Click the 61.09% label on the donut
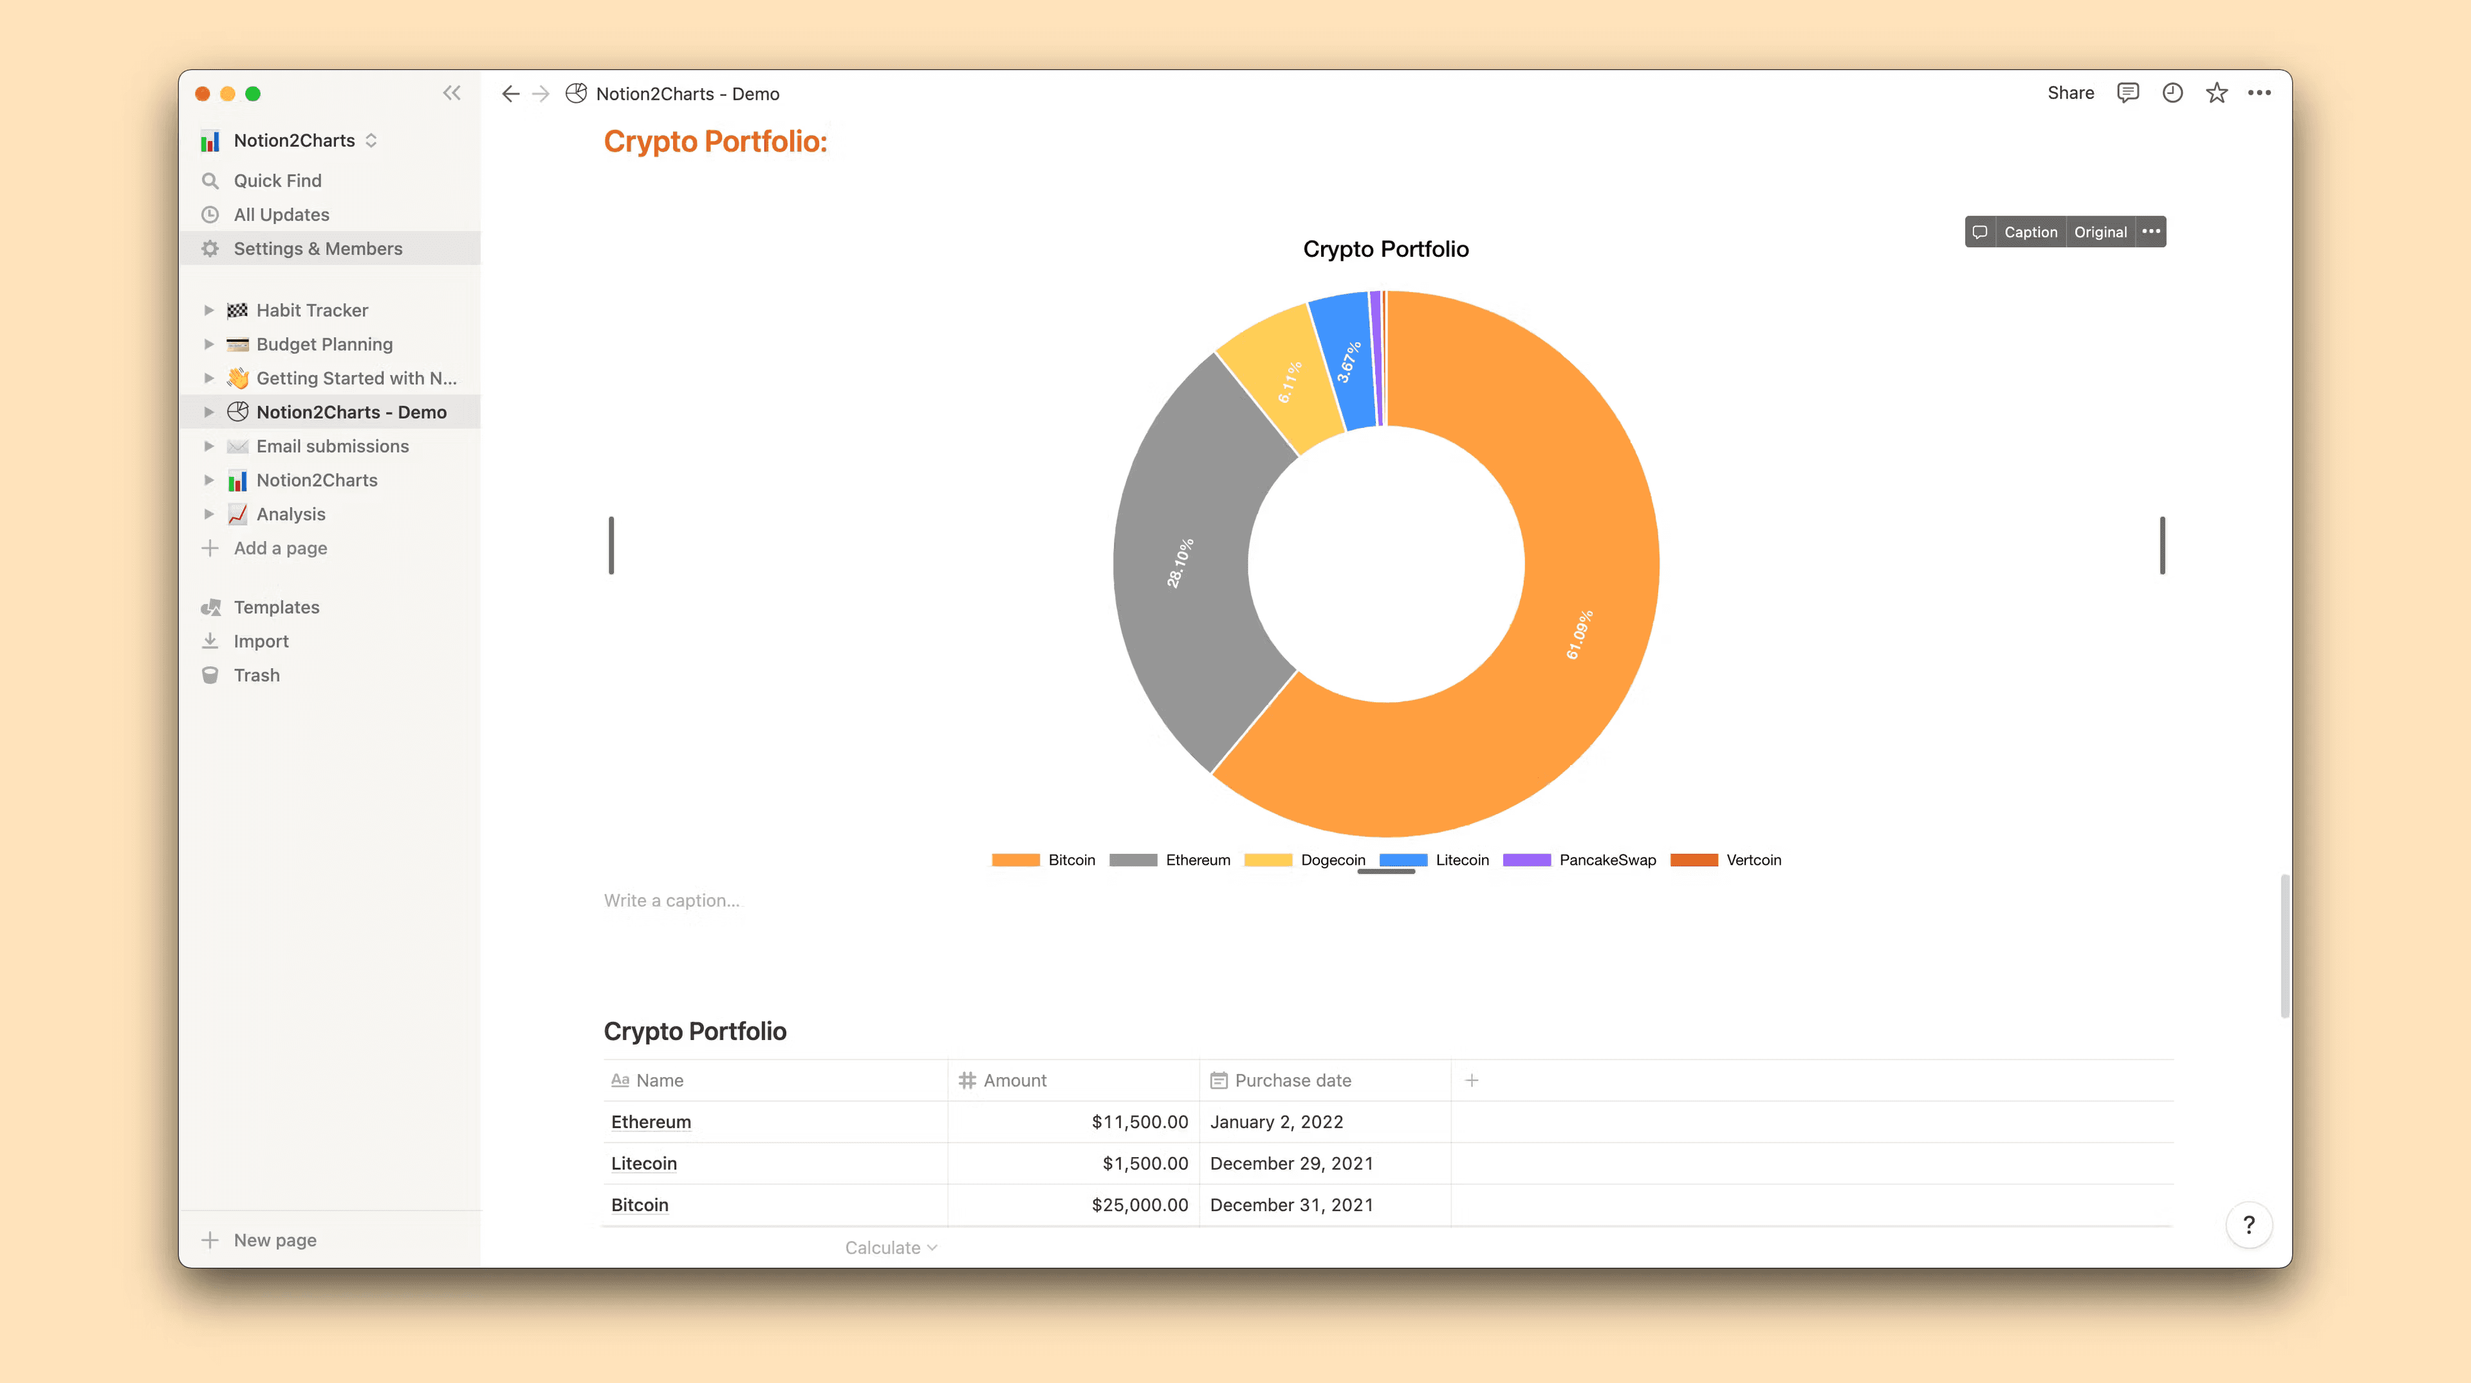tap(1579, 635)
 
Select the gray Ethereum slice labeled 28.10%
tap(1180, 563)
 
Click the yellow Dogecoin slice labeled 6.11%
tap(1289, 382)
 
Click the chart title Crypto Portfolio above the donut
tap(1385, 249)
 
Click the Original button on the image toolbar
tap(2100, 232)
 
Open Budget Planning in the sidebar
tap(324, 344)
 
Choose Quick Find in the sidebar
tap(277, 180)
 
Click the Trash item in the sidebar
tap(256, 675)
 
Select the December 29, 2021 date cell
tap(1291, 1164)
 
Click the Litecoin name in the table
tap(643, 1164)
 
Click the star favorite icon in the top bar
tap(2216, 93)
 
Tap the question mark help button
tap(2248, 1225)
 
